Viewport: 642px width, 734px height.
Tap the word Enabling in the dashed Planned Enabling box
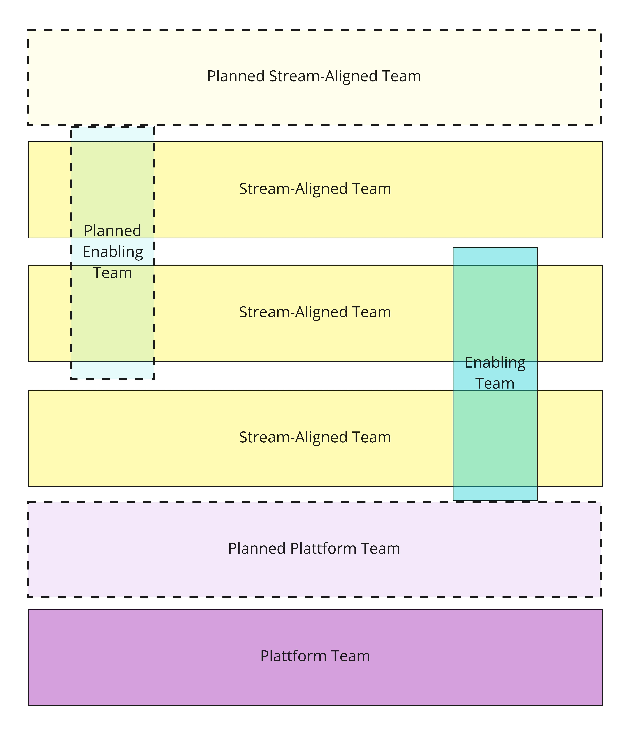[x=113, y=252]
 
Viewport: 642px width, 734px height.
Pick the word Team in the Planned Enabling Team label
[x=113, y=273]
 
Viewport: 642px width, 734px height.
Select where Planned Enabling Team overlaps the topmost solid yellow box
[x=113, y=179]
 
